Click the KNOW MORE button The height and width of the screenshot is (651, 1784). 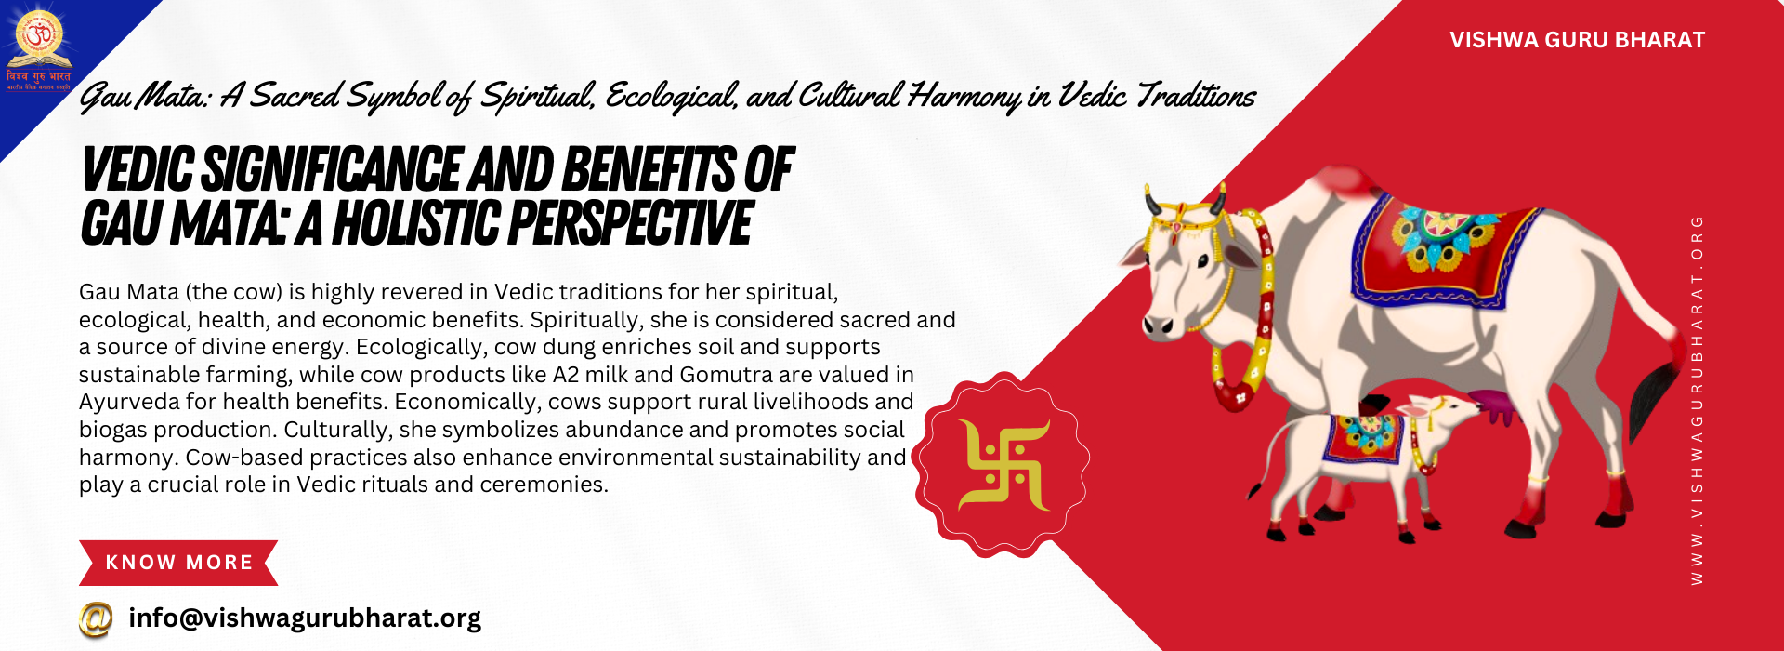[178, 563]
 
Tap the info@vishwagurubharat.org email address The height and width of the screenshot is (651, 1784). [305, 618]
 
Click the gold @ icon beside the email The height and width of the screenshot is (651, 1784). [96, 619]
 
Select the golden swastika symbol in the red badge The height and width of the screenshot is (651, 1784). [1003, 465]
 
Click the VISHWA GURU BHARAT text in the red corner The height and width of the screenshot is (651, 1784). [1577, 40]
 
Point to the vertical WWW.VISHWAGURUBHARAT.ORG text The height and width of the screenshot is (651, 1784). [1697, 400]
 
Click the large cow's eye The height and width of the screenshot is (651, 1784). [1202, 262]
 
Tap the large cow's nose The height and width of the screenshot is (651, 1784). [1157, 325]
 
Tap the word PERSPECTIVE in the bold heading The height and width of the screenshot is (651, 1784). [631, 224]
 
